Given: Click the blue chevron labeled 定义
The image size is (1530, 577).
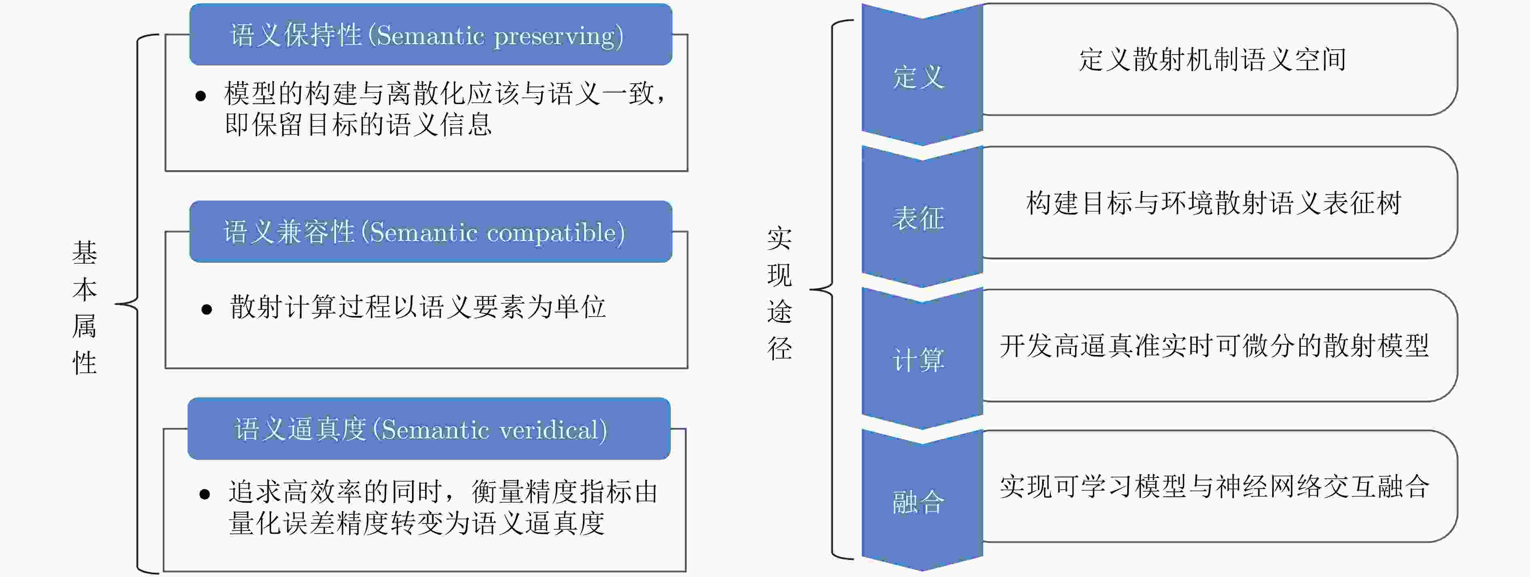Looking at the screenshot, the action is coord(922,75).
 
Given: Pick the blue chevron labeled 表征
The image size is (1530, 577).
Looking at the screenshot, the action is coord(922,217).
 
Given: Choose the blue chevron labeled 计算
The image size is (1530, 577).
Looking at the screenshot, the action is coord(922,359).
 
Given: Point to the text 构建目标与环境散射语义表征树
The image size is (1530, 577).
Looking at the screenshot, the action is coord(1213,203).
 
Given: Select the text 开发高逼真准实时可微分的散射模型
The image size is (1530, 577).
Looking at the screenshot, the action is coord(1214,345).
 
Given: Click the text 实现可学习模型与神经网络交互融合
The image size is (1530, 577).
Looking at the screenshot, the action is coord(1214,487).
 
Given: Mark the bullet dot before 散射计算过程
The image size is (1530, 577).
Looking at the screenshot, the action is coord(207,309).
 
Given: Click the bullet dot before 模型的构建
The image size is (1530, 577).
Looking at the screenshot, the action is coord(201,96).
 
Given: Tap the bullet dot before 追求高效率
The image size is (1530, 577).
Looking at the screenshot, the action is coord(205,494).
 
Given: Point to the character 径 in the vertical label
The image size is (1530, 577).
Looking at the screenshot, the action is coord(779,348).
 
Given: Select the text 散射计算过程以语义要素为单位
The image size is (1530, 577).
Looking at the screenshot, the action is coord(418,307).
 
